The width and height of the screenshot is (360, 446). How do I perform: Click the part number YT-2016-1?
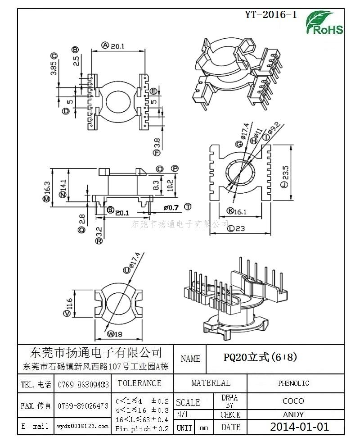[271, 14]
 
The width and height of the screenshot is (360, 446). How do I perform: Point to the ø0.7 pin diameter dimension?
[171, 207]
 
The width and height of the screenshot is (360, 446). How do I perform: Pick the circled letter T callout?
[188, 207]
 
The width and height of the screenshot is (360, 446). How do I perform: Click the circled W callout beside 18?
[110, 334]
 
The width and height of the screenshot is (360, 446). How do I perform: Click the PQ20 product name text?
[261, 358]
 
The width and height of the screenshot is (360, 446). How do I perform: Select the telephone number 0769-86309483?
[83, 384]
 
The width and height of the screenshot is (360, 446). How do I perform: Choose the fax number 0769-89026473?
[83, 405]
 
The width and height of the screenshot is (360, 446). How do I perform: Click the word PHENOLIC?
[293, 383]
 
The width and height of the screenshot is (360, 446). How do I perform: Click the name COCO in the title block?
[293, 400]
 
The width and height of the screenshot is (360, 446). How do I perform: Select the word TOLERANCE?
[139, 383]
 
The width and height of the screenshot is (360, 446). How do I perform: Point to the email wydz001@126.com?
[83, 426]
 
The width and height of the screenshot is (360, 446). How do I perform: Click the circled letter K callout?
[229, 211]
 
